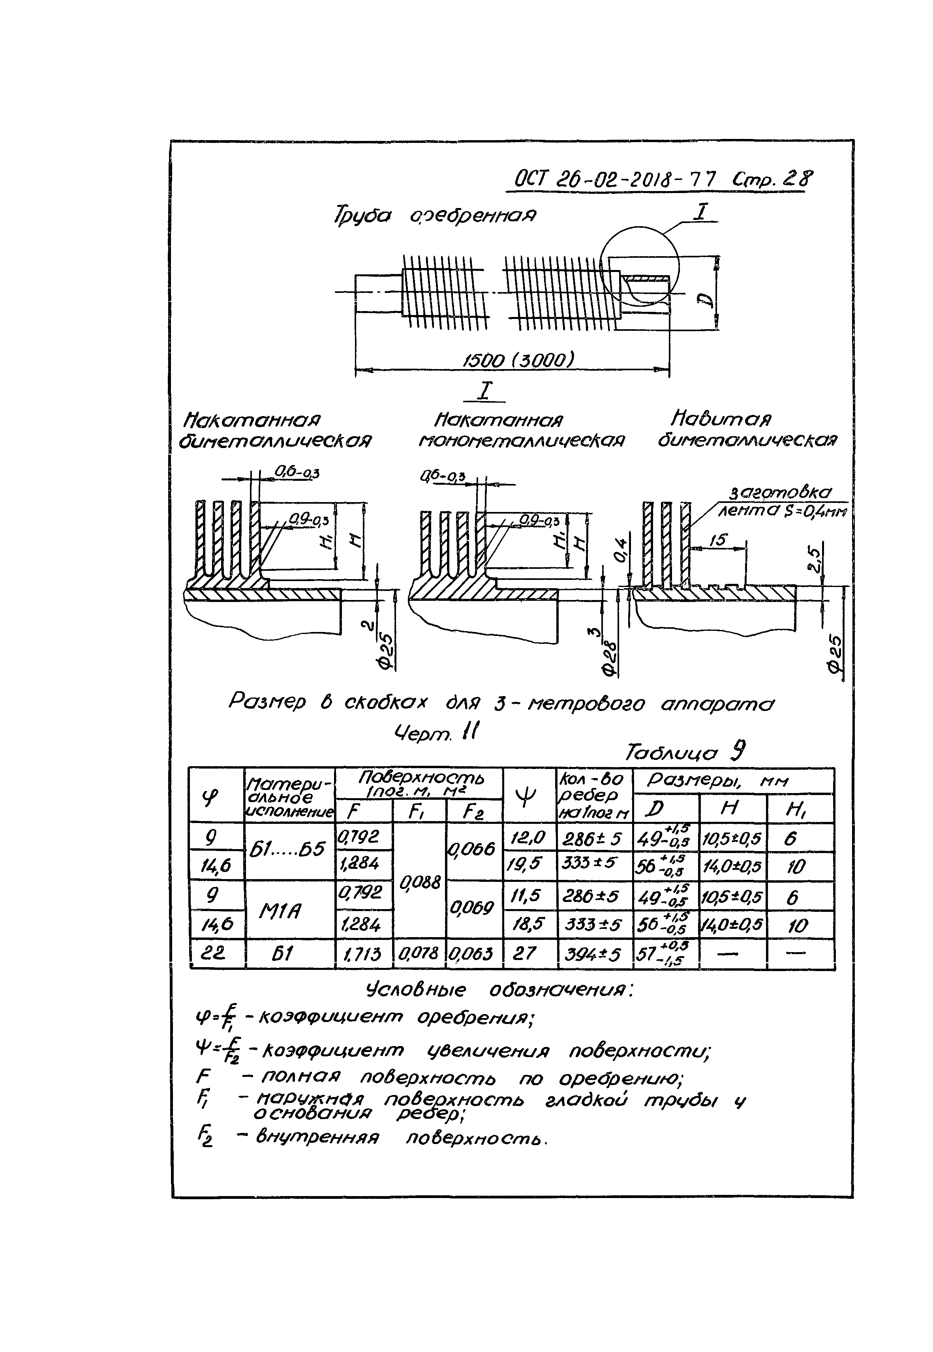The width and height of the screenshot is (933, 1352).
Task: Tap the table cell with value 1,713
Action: tap(364, 954)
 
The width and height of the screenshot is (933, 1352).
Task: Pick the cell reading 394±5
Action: tap(595, 954)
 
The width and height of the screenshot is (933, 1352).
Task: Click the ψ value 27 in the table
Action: tap(528, 954)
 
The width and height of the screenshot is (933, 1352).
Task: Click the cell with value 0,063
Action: tap(473, 954)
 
